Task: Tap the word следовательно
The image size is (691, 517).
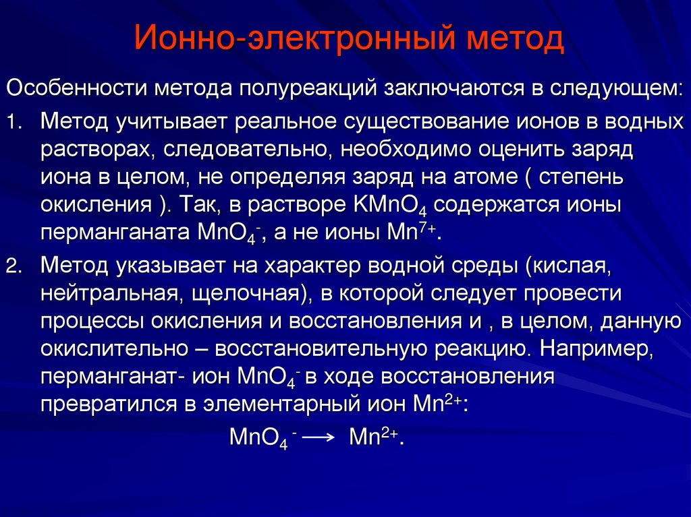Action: pyautogui.click(x=246, y=150)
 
